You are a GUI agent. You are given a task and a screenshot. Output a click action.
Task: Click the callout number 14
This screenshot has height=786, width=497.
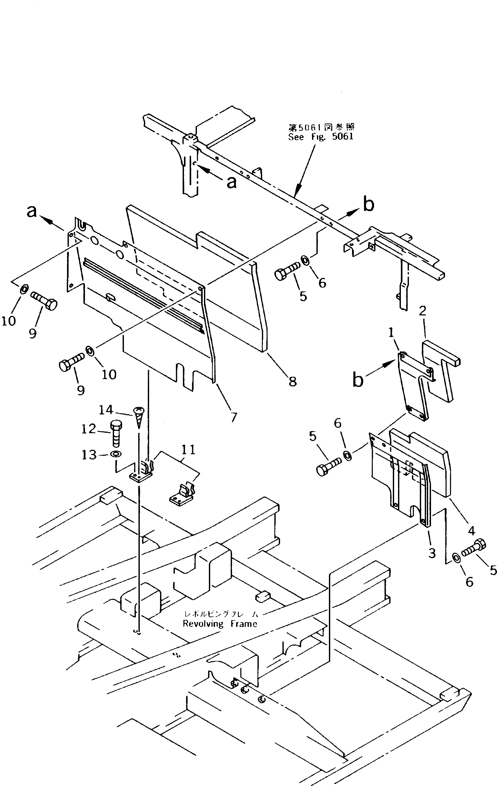tap(106, 410)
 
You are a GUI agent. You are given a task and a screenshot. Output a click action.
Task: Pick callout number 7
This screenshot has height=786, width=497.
tap(234, 417)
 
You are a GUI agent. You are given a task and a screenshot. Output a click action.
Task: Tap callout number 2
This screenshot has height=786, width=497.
tap(422, 311)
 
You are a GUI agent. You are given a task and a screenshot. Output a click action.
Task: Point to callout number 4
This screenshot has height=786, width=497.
tap(471, 531)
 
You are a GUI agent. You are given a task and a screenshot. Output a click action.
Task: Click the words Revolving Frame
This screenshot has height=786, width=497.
tap(220, 624)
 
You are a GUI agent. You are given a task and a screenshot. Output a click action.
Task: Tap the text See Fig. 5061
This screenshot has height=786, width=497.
tap(321, 137)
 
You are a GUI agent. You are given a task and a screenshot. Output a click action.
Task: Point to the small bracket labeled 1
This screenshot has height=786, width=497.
tap(413, 385)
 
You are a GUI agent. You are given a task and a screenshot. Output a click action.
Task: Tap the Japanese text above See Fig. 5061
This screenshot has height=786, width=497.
tap(321, 127)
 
